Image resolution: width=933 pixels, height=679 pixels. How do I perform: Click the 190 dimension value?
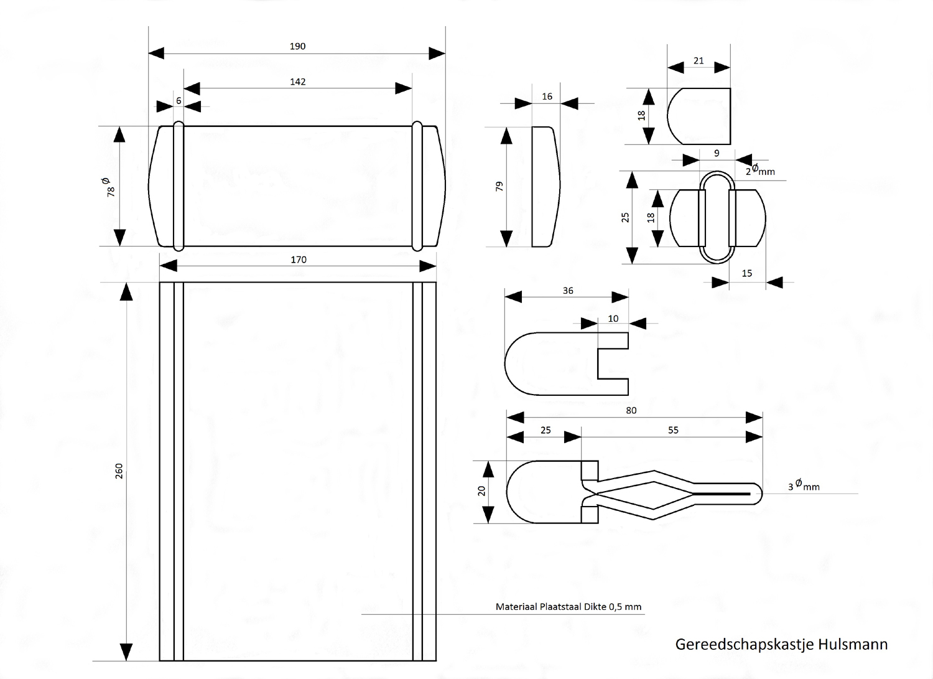(297, 46)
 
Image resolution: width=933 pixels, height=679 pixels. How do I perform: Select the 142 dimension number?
(297, 82)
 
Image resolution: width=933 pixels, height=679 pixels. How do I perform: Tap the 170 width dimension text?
(299, 260)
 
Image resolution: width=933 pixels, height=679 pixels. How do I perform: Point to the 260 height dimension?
(119, 471)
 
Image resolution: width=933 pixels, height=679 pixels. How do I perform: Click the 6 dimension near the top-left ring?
(179, 100)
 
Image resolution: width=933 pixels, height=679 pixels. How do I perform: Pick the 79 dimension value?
(499, 185)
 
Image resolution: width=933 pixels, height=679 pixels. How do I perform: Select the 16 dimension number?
(547, 96)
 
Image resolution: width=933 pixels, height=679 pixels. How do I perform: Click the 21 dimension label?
(699, 60)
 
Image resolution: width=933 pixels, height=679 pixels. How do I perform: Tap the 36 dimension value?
(568, 291)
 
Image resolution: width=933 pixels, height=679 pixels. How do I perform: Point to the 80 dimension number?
(631, 411)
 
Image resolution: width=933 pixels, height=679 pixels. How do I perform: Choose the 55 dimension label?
(673, 430)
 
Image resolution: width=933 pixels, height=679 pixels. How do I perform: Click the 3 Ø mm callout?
(804, 485)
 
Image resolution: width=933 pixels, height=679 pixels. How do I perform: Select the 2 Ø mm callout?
(760, 170)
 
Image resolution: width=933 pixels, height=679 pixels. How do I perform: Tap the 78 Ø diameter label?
(109, 187)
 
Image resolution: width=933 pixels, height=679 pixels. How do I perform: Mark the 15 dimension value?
(747, 273)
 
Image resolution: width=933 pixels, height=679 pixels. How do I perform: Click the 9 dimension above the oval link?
(717, 153)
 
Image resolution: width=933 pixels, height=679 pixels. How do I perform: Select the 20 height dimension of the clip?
(481, 490)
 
